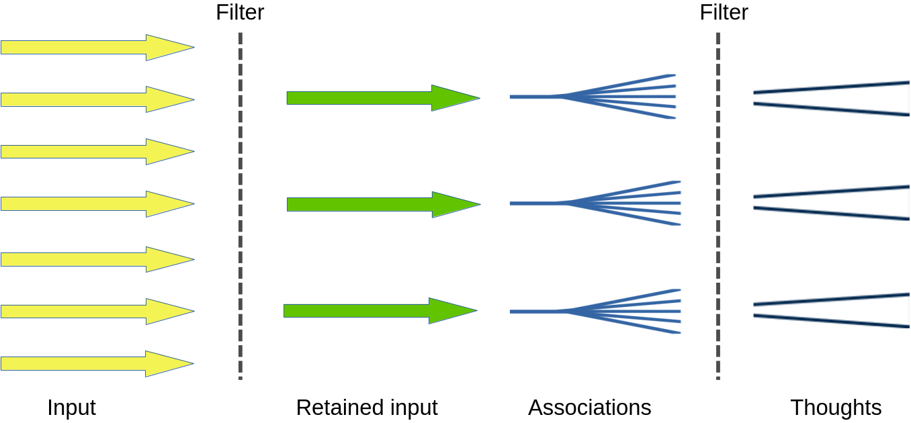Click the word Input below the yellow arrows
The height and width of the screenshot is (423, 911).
(x=71, y=408)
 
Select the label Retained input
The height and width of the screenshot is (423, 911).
(x=366, y=408)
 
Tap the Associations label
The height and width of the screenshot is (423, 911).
(x=589, y=408)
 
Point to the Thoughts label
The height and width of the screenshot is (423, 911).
(x=836, y=408)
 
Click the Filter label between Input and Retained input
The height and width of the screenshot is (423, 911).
(x=240, y=13)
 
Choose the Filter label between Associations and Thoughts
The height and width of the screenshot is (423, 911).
(x=724, y=13)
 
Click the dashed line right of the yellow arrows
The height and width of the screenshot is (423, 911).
(x=240, y=201)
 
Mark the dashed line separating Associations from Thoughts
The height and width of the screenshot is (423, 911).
(x=718, y=201)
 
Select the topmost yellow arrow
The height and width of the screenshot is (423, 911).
(x=94, y=48)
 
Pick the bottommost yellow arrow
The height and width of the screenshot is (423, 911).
(x=94, y=363)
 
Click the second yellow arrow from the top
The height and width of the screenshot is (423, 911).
(x=94, y=99)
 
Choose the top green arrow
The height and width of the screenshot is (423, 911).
(x=376, y=98)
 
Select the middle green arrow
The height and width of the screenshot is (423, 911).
(x=376, y=204)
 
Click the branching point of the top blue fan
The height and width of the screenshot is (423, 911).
(x=558, y=97)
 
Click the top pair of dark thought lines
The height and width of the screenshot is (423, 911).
(x=830, y=98)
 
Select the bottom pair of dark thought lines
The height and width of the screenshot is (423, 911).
(x=830, y=310)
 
